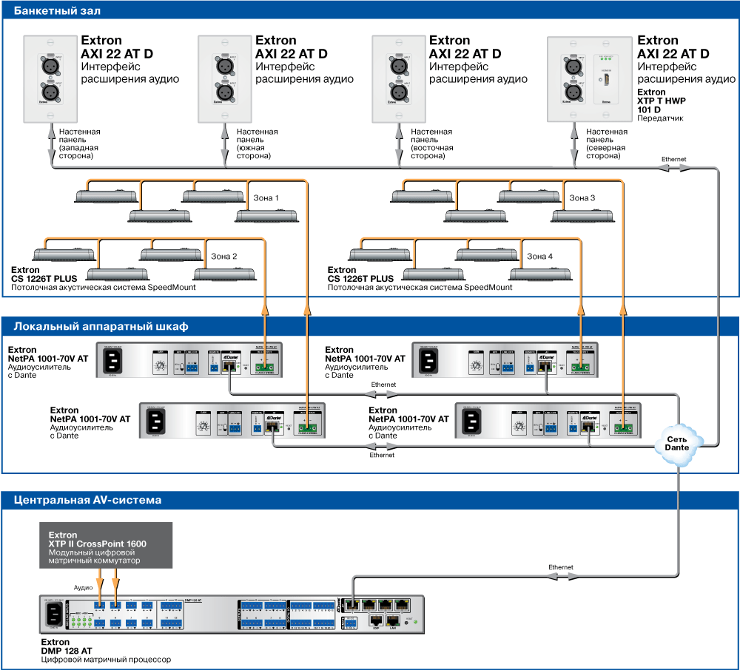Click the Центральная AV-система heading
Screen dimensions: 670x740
click(87, 500)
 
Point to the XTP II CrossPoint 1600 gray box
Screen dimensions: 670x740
click(106, 545)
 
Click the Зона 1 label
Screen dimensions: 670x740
click(266, 198)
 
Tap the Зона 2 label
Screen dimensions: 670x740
click(224, 257)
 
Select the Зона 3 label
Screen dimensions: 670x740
click(582, 198)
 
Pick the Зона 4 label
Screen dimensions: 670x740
click(539, 257)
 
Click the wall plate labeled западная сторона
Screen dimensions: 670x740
click(51, 79)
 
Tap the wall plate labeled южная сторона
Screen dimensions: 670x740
click(225, 79)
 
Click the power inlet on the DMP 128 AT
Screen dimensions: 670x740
click(53, 615)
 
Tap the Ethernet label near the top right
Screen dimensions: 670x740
click(673, 159)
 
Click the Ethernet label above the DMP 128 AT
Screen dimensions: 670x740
click(561, 567)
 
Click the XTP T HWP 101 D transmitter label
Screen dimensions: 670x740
click(662, 101)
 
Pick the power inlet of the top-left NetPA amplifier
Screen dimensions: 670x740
click(111, 360)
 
